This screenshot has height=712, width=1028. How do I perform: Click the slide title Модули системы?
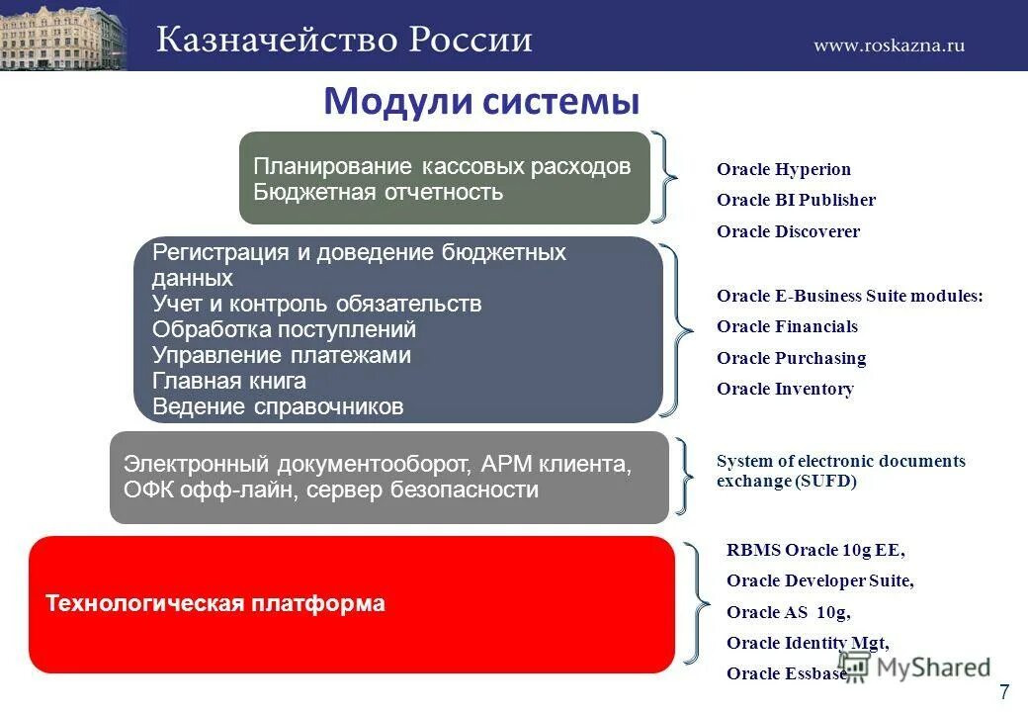(482, 102)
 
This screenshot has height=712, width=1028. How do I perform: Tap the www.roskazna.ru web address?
(889, 44)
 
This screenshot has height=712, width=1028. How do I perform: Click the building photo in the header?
(63, 36)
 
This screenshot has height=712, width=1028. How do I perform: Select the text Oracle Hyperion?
(784, 169)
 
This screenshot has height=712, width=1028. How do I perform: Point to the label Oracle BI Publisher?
(796, 200)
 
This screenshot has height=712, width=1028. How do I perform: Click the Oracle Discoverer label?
(788, 231)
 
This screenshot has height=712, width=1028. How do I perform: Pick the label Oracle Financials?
(788, 326)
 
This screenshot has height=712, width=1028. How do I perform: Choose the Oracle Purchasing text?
(792, 358)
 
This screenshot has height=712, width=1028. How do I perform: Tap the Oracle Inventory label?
(786, 389)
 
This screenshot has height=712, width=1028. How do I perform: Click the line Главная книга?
(228, 381)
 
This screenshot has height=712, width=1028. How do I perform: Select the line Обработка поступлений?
(284, 329)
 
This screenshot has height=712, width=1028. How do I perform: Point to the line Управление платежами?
(282, 355)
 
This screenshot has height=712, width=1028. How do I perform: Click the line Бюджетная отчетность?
(379, 192)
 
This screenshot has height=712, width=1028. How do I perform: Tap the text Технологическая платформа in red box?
(215, 603)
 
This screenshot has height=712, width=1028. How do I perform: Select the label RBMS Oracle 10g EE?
(815, 550)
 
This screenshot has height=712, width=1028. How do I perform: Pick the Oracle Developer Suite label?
(820, 580)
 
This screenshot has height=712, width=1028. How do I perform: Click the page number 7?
(1004, 691)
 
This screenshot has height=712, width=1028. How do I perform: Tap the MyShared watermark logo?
(914, 667)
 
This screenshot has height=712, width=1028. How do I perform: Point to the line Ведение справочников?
(278, 407)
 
